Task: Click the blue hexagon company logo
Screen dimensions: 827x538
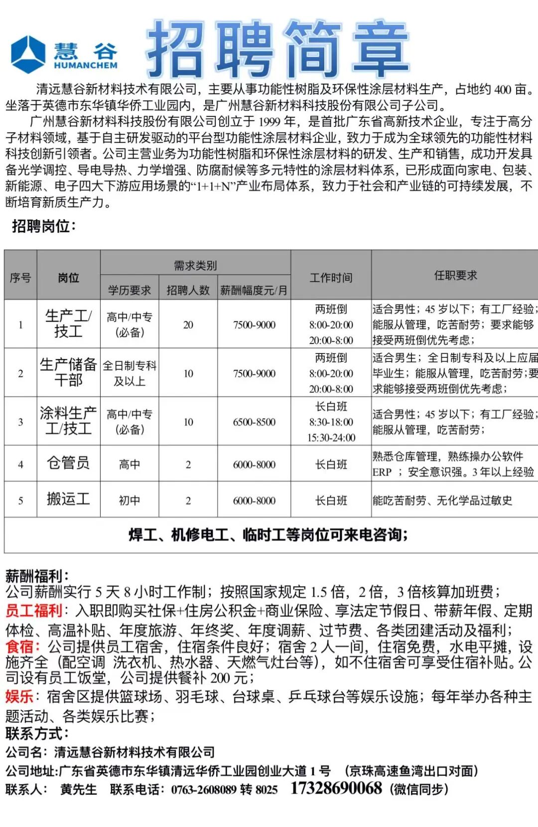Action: coord(28,54)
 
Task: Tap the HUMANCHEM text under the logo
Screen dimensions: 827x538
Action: coord(86,65)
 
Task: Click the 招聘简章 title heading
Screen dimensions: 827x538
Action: coord(277,49)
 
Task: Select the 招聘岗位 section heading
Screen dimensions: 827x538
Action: coord(44,226)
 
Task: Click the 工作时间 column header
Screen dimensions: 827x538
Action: coord(331,277)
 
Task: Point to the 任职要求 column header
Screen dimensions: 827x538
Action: coord(455,275)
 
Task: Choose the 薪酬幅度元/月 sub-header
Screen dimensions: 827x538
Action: coord(254,290)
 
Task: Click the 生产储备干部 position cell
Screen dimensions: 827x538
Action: coord(68,372)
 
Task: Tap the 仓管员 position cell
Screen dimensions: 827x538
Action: coord(68,463)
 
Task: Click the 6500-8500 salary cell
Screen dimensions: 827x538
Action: coord(254,422)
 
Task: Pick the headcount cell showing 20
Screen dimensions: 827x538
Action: coord(188,325)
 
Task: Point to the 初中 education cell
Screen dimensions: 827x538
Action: coord(130,500)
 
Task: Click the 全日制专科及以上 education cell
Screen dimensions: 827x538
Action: coord(130,373)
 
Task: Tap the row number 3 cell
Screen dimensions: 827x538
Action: coord(20,422)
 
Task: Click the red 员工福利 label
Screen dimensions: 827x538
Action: coord(34,610)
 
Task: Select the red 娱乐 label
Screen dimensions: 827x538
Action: coord(19,696)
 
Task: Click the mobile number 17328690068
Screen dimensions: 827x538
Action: coord(336,788)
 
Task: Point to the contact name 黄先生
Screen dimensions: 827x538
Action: coord(78,789)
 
